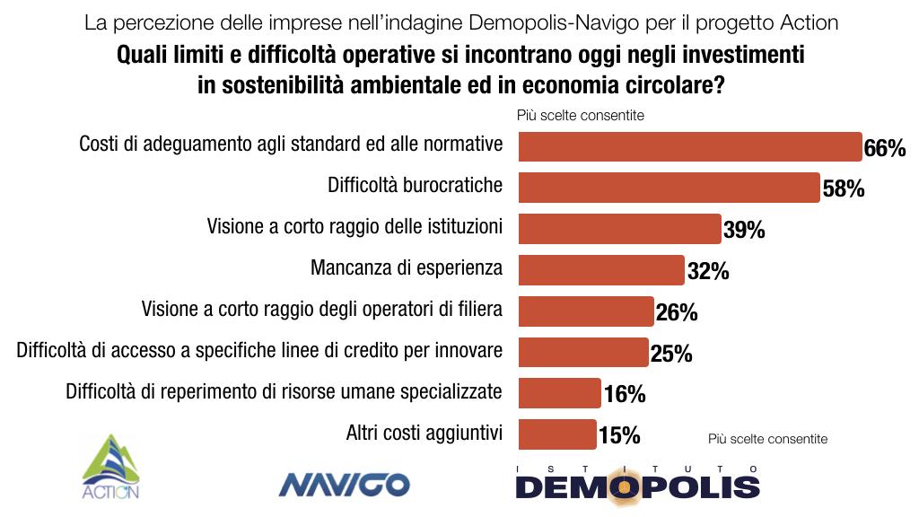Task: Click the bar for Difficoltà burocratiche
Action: [x=669, y=188]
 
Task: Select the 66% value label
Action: [x=884, y=148]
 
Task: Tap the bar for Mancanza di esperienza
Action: [x=601, y=270]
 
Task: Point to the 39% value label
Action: [x=744, y=231]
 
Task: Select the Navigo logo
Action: [x=344, y=485]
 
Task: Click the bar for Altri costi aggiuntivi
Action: [x=557, y=434]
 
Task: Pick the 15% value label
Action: [x=619, y=436]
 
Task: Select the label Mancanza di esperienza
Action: [x=406, y=267]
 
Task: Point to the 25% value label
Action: [x=670, y=354]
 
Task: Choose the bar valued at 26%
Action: [x=586, y=311]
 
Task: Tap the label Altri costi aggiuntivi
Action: [x=424, y=434]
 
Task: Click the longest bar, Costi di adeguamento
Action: [x=690, y=146]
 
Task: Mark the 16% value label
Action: [x=624, y=395]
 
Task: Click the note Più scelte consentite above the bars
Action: [x=580, y=115]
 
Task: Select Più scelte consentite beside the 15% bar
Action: [x=767, y=439]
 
